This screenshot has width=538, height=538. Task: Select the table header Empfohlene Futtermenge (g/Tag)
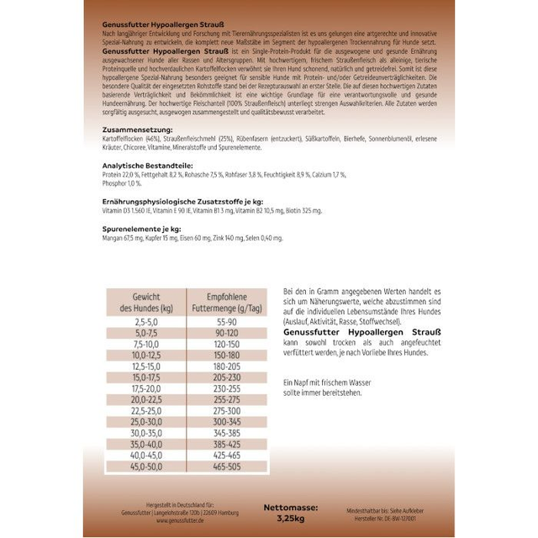[225, 303]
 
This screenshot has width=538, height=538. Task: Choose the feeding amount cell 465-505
[225, 465]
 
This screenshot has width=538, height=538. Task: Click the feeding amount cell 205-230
[225, 377]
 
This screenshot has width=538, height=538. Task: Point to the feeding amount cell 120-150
[225, 344]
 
